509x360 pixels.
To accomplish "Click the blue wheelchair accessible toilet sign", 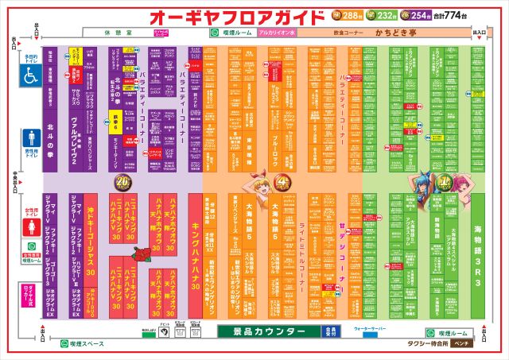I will point(30,75).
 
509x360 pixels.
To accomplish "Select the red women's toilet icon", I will point(30,225).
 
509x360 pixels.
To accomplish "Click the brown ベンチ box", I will point(460,345).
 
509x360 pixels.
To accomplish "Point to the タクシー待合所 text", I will point(422,345).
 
